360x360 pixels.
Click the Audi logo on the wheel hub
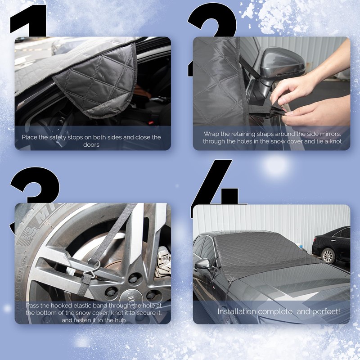pos(130,296)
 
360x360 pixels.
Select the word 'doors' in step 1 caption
pos(91,144)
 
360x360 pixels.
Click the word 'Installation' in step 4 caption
pos(237,311)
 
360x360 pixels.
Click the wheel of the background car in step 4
pos(328,255)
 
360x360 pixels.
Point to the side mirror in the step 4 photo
pos(203,265)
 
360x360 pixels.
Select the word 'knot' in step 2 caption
pos(335,141)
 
